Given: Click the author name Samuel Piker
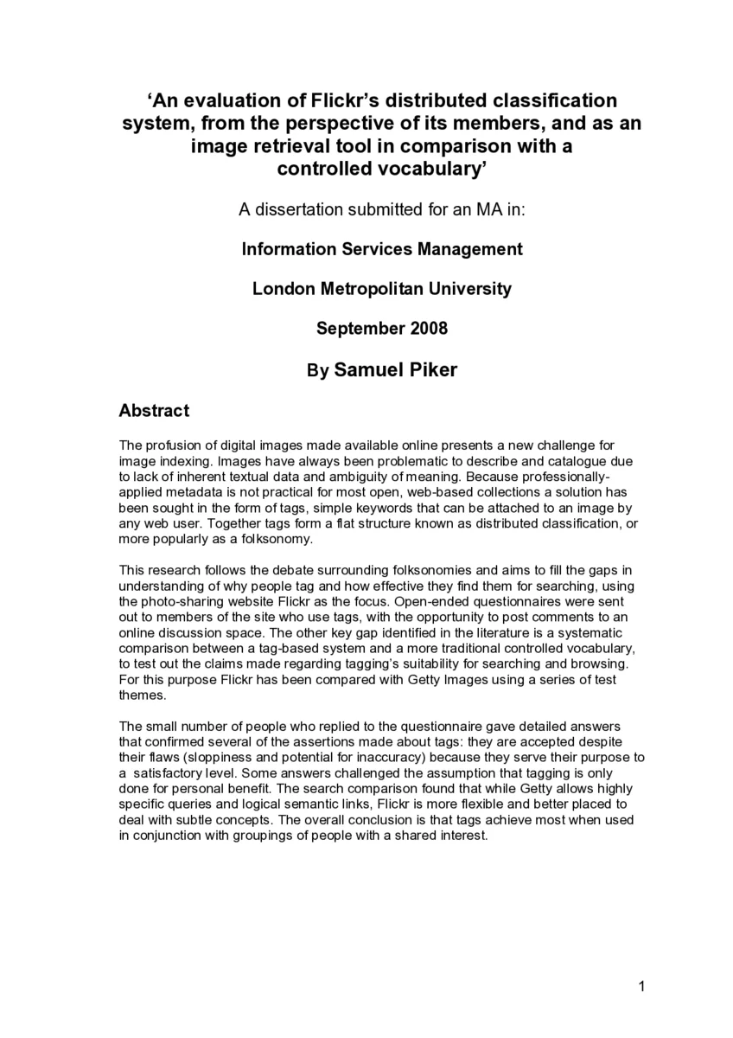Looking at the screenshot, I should point(395,369).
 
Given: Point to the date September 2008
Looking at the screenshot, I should point(381,329).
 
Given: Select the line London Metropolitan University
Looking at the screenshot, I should point(381,289).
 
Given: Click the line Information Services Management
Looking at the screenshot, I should point(381,249).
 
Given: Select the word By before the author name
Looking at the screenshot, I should point(317,371).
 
